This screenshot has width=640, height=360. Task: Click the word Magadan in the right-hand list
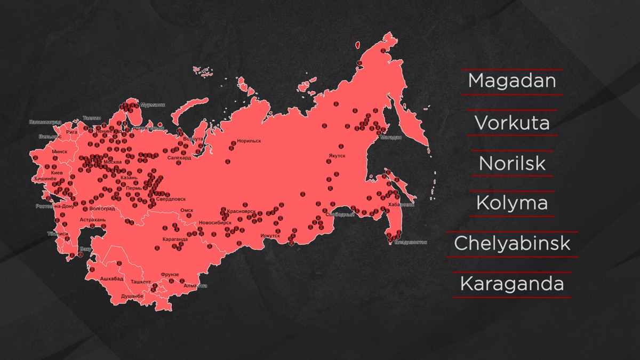(512, 82)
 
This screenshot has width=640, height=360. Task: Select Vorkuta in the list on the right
(512, 123)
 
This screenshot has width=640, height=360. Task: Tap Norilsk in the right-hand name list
(512, 163)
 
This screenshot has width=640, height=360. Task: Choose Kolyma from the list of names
(512, 203)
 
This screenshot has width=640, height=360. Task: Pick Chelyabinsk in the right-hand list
(512, 244)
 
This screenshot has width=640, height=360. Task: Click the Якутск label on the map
(337, 156)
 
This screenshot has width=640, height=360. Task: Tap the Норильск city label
(249, 141)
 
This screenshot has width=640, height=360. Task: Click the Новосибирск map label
(215, 222)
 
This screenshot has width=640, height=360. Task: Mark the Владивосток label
(411, 242)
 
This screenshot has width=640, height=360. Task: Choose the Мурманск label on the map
(153, 105)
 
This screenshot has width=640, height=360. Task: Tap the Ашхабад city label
(112, 278)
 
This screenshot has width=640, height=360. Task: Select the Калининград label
(45, 122)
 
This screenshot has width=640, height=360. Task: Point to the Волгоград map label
(103, 209)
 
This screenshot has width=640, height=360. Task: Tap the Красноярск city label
(242, 211)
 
